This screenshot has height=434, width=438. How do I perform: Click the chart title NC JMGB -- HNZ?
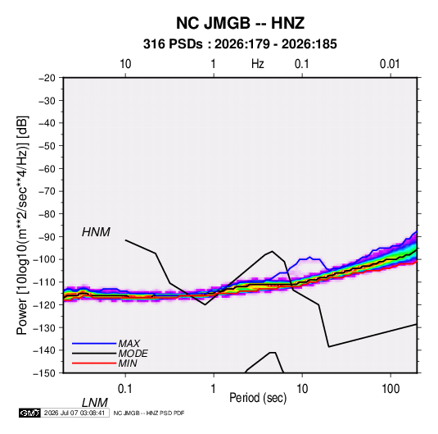pyautogui.click(x=240, y=23)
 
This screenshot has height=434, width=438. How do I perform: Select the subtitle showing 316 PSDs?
pyautogui.click(x=240, y=44)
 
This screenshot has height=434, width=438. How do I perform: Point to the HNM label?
pyautogui.click(x=96, y=232)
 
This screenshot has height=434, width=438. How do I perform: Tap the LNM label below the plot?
pyautogui.click(x=94, y=403)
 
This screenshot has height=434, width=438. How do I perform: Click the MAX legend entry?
pyautogui.click(x=129, y=343)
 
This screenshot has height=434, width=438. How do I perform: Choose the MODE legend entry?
pyautogui.click(x=133, y=354)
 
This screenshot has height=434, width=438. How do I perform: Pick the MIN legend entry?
pyautogui.click(x=128, y=363)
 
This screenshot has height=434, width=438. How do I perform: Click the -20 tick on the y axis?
pyautogui.click(x=47, y=78)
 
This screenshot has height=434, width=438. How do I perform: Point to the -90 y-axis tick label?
pyautogui.click(x=47, y=237)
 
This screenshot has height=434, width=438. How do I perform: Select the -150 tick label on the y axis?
pyautogui.click(x=44, y=373)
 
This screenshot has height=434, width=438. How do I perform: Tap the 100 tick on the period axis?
pyautogui.click(x=391, y=389)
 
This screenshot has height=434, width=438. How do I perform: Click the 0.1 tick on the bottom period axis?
pyautogui.click(x=125, y=389)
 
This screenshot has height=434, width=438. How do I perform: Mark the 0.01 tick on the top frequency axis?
pyautogui.click(x=390, y=64)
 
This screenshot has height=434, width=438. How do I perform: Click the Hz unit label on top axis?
pyautogui.click(x=258, y=64)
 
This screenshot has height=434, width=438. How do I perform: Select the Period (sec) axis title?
pyautogui.click(x=258, y=398)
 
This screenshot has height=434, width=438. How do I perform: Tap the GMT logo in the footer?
pyautogui.click(x=30, y=413)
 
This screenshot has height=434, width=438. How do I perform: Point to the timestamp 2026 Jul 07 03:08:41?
pyautogui.click(x=75, y=413)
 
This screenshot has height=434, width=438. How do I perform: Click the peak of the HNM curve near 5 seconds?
pyautogui.click(x=272, y=251)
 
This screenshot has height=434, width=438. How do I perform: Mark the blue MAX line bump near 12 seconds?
pyautogui.click(x=309, y=257)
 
